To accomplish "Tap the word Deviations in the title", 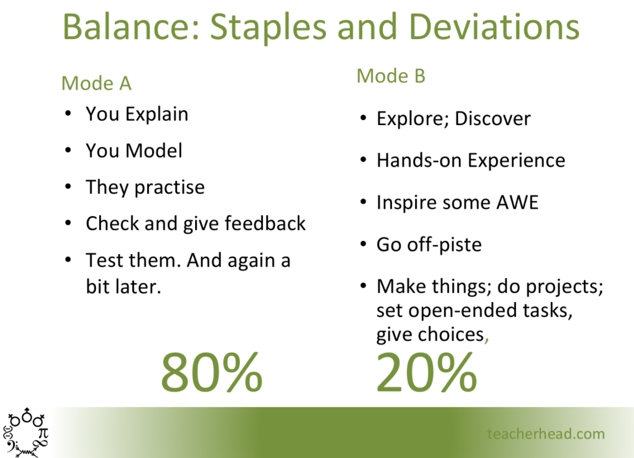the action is coord(494,26).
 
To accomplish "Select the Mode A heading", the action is coord(96,83).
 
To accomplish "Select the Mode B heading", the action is coord(391,76).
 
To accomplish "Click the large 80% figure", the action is coord(212,371).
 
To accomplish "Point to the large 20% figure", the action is coord(427,371).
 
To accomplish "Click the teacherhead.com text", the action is coord(546,434).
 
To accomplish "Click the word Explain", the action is coord(157,115).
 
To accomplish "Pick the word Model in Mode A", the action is coord(154,151).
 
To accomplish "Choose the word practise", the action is coord(169,188).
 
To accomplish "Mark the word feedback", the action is coord(265,223).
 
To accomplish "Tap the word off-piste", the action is coord(444,245).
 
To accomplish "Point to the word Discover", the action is coord(492,118).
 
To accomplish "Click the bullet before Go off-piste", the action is coord(363,244).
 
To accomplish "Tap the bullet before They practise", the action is coord(68,187).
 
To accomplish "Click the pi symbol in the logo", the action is coord(43,433).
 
